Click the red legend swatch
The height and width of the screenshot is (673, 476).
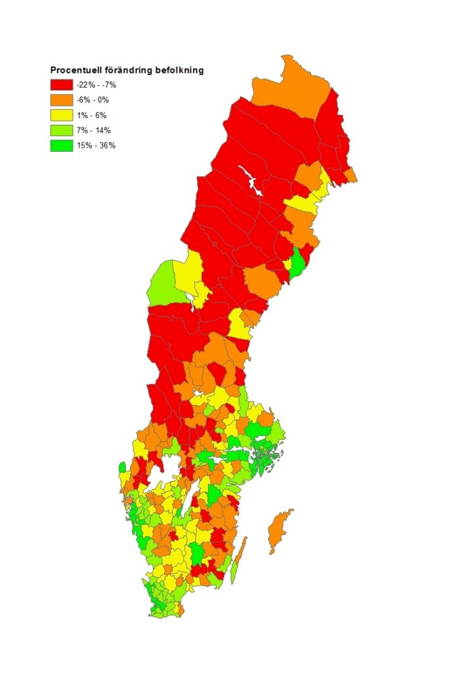pos(61,85)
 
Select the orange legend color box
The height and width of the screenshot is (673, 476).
pos(61,100)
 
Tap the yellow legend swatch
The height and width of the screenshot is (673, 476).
pos(61,115)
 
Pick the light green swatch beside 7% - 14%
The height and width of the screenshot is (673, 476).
pos(61,130)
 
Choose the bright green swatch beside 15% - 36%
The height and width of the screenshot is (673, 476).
pos(61,145)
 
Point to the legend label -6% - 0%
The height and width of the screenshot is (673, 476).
pos(93,100)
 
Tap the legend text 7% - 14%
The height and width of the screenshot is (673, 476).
pos(94,130)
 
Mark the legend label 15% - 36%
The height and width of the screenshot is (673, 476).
pos(96,145)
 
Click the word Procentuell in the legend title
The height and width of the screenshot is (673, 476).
pos(77,70)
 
